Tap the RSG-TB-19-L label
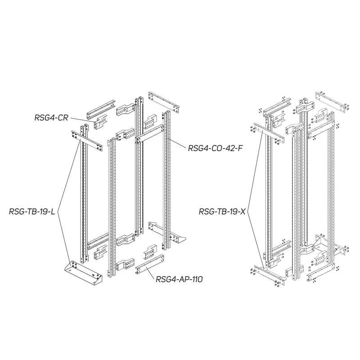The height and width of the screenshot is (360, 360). click(x=32, y=211)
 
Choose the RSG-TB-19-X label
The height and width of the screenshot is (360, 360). click(x=222, y=211)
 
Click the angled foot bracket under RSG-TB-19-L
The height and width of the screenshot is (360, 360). click(x=84, y=273)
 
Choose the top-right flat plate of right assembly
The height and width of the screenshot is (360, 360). click(x=333, y=102)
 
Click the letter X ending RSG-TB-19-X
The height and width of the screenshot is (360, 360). click(x=243, y=211)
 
